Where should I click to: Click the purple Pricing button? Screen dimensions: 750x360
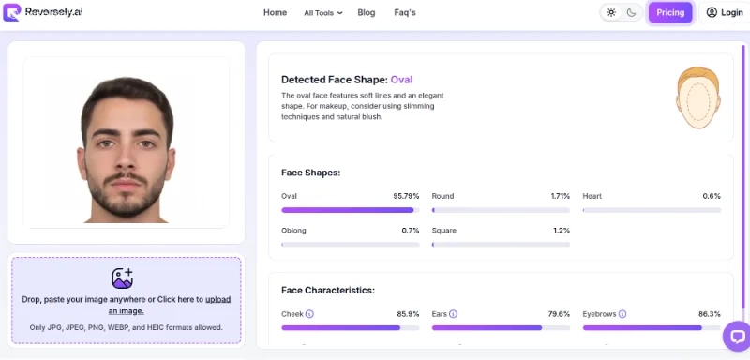[670, 12]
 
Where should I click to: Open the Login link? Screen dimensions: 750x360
[725, 12]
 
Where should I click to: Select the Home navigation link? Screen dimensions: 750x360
[275, 12]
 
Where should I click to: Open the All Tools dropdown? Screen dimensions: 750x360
[323, 13]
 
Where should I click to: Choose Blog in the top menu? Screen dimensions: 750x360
[367, 12]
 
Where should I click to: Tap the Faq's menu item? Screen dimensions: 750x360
[405, 12]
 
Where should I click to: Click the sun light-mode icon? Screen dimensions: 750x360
[611, 12]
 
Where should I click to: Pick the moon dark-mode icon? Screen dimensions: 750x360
[631, 12]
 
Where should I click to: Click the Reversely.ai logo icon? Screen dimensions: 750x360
[12, 12]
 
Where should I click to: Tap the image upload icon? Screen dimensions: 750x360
[122, 278]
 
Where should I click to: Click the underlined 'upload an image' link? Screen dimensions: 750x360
[170, 305]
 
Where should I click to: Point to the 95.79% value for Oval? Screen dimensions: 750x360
[406, 196]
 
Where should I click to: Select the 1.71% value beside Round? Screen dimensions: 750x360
[560, 196]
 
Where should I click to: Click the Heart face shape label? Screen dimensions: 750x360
[592, 196]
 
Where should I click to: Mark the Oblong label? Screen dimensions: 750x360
[293, 231]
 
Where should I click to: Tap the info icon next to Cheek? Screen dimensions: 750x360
[309, 314]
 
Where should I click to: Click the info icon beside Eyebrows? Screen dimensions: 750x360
[622, 314]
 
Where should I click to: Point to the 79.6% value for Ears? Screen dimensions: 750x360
[559, 314]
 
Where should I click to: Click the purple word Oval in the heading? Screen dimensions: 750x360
[401, 80]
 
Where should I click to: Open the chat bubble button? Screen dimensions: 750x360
[737, 337]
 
